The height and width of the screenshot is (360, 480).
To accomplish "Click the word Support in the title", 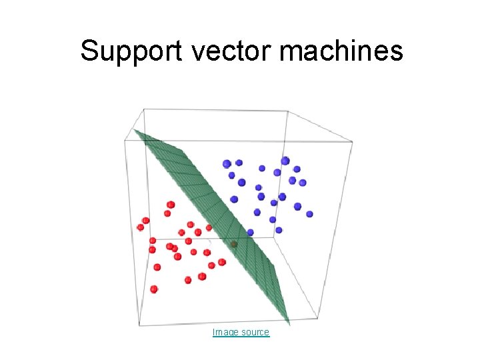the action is point(131,51).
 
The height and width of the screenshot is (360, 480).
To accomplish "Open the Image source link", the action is point(241,332).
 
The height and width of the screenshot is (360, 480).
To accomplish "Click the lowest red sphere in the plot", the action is point(154,289).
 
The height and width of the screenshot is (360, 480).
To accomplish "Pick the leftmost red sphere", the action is point(140,227).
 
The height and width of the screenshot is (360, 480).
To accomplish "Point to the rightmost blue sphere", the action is point(309,213).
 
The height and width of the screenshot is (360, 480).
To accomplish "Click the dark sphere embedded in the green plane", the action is point(234,245).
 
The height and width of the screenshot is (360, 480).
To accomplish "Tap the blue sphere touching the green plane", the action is point(250,233).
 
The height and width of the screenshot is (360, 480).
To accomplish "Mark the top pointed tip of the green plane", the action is point(135,131).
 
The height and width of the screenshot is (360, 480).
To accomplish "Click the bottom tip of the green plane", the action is point(287,325).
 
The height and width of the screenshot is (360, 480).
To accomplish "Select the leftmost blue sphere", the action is point(227,163).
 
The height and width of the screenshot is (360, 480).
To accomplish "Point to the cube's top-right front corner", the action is point(352,142).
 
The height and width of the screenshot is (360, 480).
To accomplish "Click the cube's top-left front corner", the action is point(125,140).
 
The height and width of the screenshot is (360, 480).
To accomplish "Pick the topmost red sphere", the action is point(171,205).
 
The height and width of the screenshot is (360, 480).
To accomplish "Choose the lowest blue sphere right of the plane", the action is point(279,230).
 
